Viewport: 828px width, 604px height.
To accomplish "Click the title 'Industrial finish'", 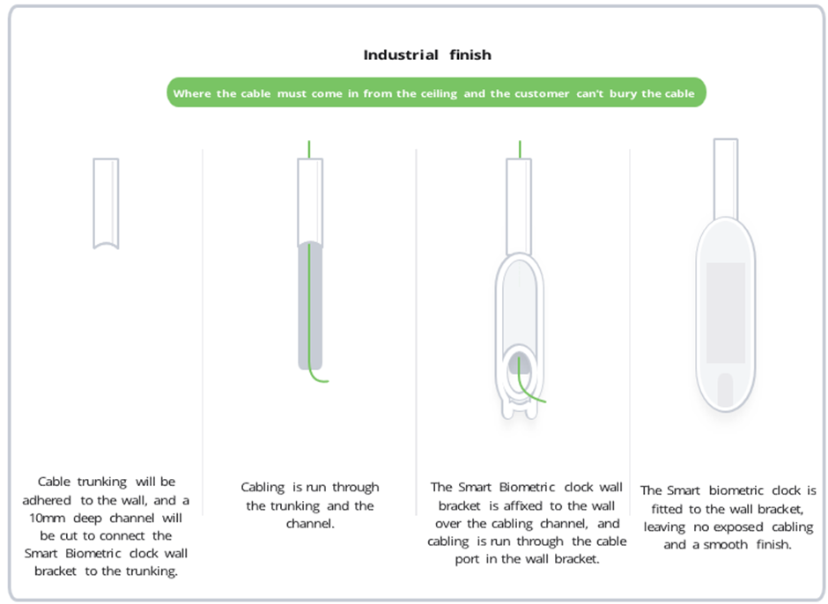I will point(427,55).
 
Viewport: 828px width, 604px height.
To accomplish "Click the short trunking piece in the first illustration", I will point(106,203).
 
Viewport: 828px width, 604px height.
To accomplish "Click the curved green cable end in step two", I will point(320,377).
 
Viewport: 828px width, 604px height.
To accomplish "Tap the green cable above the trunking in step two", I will point(309,148).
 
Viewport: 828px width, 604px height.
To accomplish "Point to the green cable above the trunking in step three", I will point(520,148).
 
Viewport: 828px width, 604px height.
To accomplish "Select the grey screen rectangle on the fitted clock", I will point(725,313).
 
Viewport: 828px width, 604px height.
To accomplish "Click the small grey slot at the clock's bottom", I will point(725,390).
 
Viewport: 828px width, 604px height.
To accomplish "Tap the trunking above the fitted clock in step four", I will point(725,176).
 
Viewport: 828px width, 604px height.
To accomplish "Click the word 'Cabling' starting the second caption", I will point(262,487).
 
